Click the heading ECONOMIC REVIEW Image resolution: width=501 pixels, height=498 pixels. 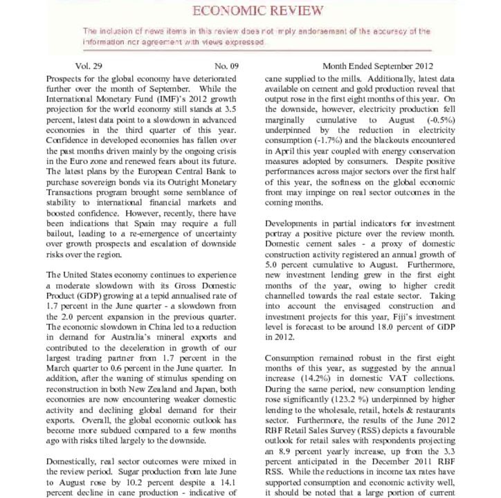pyautogui.click(x=257, y=10)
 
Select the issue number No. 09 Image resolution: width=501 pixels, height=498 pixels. pyautogui.click(x=226, y=66)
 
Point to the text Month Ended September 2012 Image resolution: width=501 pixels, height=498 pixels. pyautogui.click(x=378, y=66)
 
